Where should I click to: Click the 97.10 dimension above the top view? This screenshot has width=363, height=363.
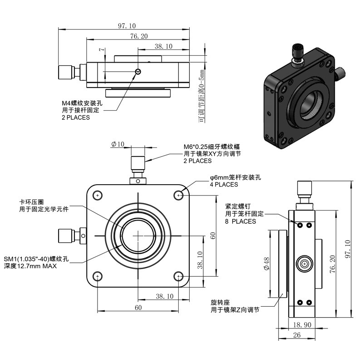(x=127, y=25)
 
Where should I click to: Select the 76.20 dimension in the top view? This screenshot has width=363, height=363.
(x=139, y=36)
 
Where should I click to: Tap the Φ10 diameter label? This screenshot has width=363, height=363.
(x=118, y=144)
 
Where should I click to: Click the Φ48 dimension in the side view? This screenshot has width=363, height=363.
(x=266, y=264)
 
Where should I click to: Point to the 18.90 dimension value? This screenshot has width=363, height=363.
(x=302, y=325)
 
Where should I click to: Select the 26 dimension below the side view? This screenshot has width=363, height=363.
(x=297, y=335)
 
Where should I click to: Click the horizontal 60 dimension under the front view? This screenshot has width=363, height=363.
(x=138, y=308)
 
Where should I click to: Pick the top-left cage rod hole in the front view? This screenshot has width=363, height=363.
(x=98, y=196)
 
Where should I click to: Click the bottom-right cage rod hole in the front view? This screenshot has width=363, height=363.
(x=178, y=276)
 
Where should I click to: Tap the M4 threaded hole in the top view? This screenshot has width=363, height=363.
(x=138, y=72)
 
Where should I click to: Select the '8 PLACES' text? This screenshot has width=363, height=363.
(x=240, y=221)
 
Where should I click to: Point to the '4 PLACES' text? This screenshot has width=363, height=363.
(x=224, y=185)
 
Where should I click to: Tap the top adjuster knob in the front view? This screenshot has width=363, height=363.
(x=138, y=163)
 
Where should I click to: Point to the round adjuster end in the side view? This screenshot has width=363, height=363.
(x=304, y=264)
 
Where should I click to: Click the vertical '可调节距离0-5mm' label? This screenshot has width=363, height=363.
(x=202, y=96)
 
